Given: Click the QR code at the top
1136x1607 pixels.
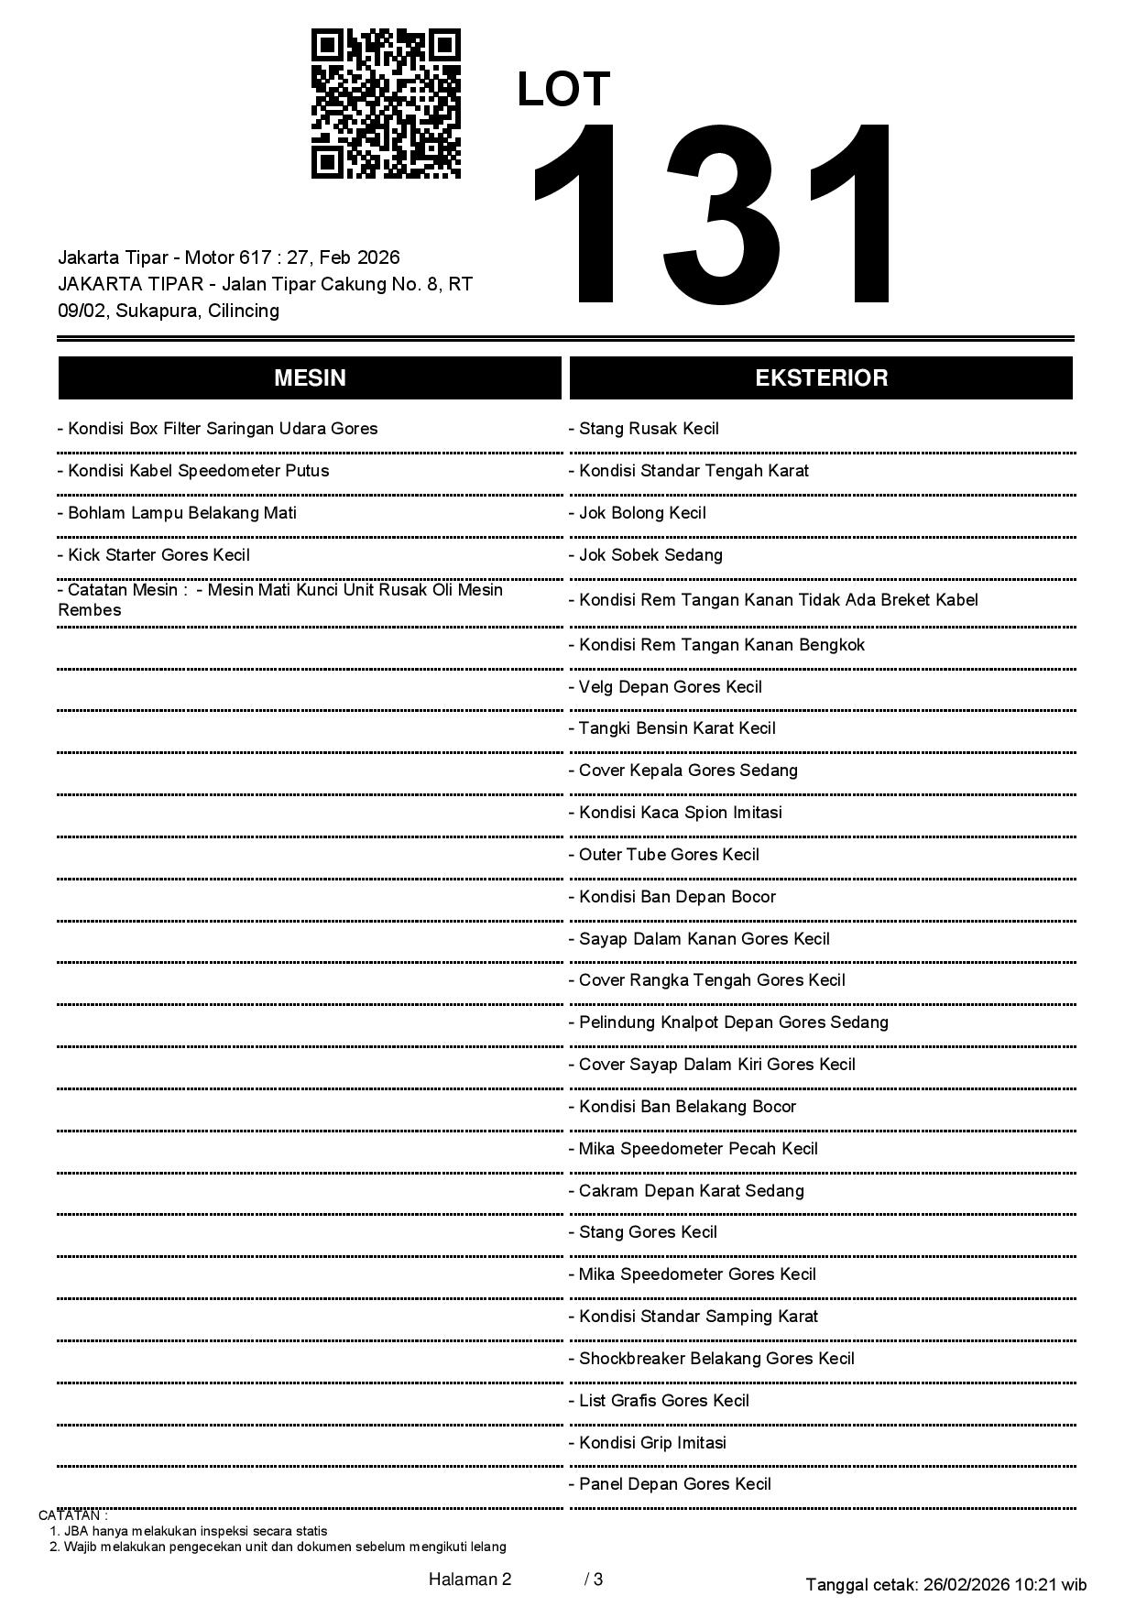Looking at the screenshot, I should [386, 104].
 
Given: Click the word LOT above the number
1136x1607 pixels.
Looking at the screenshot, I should [563, 90].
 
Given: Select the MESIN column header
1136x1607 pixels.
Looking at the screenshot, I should [310, 378].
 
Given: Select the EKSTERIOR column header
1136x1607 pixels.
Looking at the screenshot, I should [821, 378].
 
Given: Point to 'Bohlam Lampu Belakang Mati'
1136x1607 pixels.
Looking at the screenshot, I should [181, 513].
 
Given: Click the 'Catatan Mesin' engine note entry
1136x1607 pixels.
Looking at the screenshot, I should [279, 599].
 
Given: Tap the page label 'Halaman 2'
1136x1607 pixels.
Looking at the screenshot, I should [470, 1579].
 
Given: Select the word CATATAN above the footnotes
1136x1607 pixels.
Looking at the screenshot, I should [72, 1515].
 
